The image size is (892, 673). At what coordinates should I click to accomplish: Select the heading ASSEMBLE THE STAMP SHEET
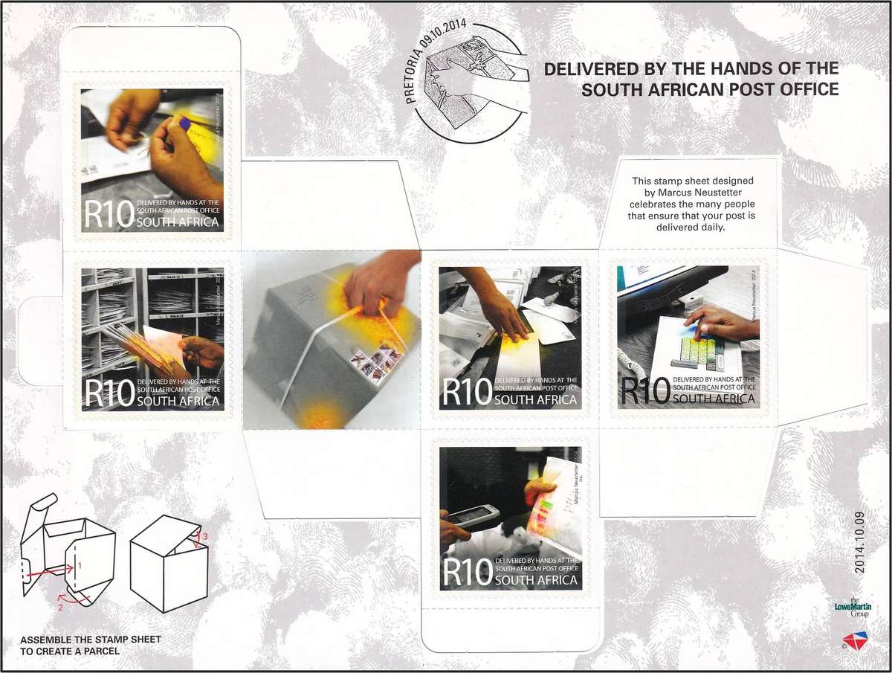coord(90,640)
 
